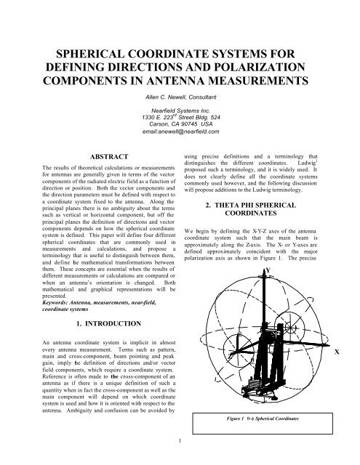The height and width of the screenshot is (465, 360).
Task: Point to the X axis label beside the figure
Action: point(355,351)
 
